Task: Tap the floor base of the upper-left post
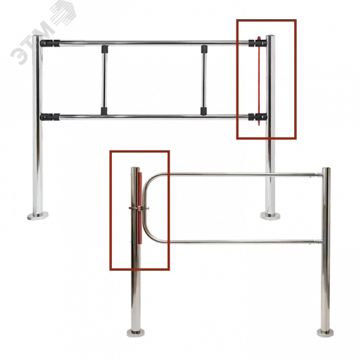[x=38, y=216]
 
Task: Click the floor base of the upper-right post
[x=270, y=216]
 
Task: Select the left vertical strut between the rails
[x=104, y=80]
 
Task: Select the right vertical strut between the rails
[x=203, y=80]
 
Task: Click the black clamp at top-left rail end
[x=50, y=43]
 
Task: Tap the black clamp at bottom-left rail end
[x=50, y=117]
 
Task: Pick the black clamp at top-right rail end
[x=258, y=43]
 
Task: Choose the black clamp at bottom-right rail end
[x=258, y=117]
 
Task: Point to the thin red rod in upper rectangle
[x=259, y=81]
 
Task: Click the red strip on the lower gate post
[x=140, y=207]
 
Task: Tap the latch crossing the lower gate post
[x=139, y=208]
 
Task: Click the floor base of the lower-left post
[x=136, y=333]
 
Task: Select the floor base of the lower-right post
[x=326, y=333]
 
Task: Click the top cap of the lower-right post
[x=326, y=169]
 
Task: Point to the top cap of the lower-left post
[x=135, y=168]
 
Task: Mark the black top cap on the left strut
[x=104, y=49]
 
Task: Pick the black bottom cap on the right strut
[x=203, y=111]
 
